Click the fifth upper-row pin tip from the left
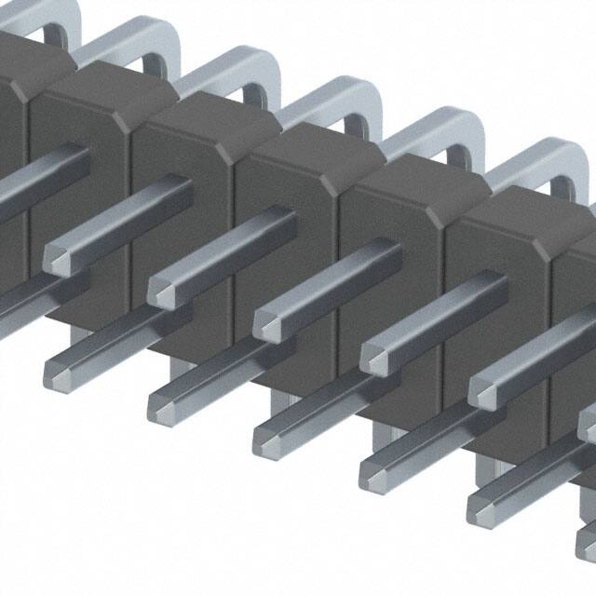click(x=481, y=388)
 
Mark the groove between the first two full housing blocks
click(x=131, y=214)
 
